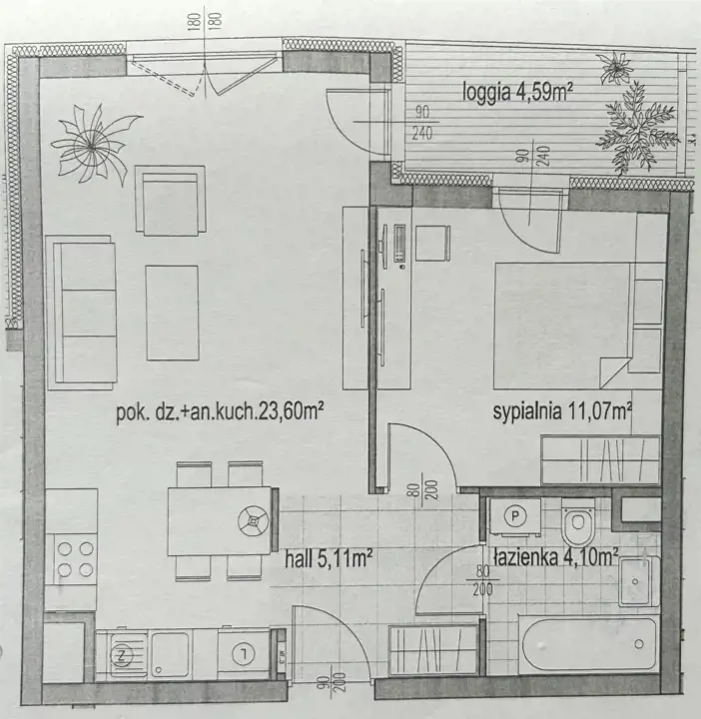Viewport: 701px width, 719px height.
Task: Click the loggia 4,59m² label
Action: [x=517, y=93]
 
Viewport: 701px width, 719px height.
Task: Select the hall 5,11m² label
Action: [x=328, y=559]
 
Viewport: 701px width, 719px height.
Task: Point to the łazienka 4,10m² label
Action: [x=556, y=557]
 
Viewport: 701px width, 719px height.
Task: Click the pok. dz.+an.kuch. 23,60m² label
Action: [x=220, y=413]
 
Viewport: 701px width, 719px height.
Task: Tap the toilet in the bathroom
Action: [x=578, y=521]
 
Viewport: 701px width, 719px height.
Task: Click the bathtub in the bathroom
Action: [x=590, y=645]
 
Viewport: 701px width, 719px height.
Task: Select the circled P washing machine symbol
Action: [x=515, y=517]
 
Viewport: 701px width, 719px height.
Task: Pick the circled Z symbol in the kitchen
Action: [x=122, y=656]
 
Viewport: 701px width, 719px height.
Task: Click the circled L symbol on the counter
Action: [x=243, y=654]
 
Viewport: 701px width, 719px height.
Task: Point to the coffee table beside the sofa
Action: [x=173, y=313]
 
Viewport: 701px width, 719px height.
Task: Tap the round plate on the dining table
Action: [x=253, y=521]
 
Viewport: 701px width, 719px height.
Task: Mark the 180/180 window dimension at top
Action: [x=205, y=21]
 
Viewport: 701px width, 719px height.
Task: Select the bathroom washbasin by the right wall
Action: [x=639, y=581]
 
